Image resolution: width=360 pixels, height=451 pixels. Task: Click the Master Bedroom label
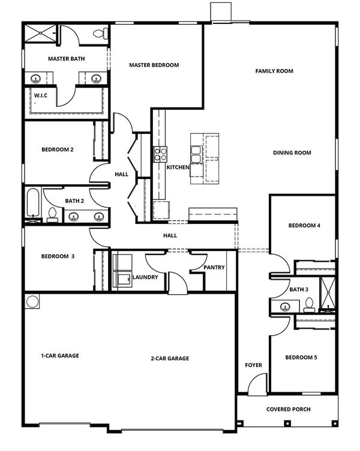click(154, 65)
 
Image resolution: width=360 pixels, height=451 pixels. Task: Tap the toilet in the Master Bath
click(101, 34)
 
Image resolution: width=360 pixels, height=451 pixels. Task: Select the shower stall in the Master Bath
click(41, 34)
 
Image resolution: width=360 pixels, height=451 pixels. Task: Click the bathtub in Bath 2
click(33, 202)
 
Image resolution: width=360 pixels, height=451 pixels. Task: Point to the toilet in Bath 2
click(52, 215)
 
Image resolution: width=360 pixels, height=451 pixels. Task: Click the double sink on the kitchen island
click(197, 154)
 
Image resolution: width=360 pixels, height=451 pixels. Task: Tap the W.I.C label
click(41, 95)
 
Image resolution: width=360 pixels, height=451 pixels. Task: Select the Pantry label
click(214, 267)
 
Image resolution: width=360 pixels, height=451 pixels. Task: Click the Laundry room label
click(145, 277)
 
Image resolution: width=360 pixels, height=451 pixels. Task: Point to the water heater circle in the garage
click(32, 301)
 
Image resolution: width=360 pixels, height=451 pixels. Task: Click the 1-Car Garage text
click(60, 356)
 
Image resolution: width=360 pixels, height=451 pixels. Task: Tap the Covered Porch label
click(288, 410)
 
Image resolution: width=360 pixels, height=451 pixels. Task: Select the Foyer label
click(253, 365)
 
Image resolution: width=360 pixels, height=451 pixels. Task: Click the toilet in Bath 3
click(309, 305)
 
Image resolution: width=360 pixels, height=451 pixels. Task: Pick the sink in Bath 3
click(285, 307)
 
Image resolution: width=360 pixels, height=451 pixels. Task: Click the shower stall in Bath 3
click(328, 294)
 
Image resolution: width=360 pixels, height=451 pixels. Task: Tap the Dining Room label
click(292, 153)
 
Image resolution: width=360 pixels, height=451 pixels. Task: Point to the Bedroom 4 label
click(304, 226)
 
